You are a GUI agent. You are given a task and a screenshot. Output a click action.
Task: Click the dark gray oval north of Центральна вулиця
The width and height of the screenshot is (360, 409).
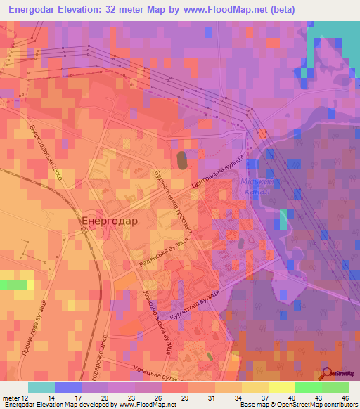[182, 160]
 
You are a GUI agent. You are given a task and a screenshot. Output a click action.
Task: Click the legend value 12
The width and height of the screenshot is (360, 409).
[25, 396]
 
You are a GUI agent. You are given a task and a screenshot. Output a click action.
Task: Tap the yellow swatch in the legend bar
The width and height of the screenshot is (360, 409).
[281, 387]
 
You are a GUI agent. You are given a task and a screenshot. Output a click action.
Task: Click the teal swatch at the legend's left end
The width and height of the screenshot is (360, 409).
[41, 387]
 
